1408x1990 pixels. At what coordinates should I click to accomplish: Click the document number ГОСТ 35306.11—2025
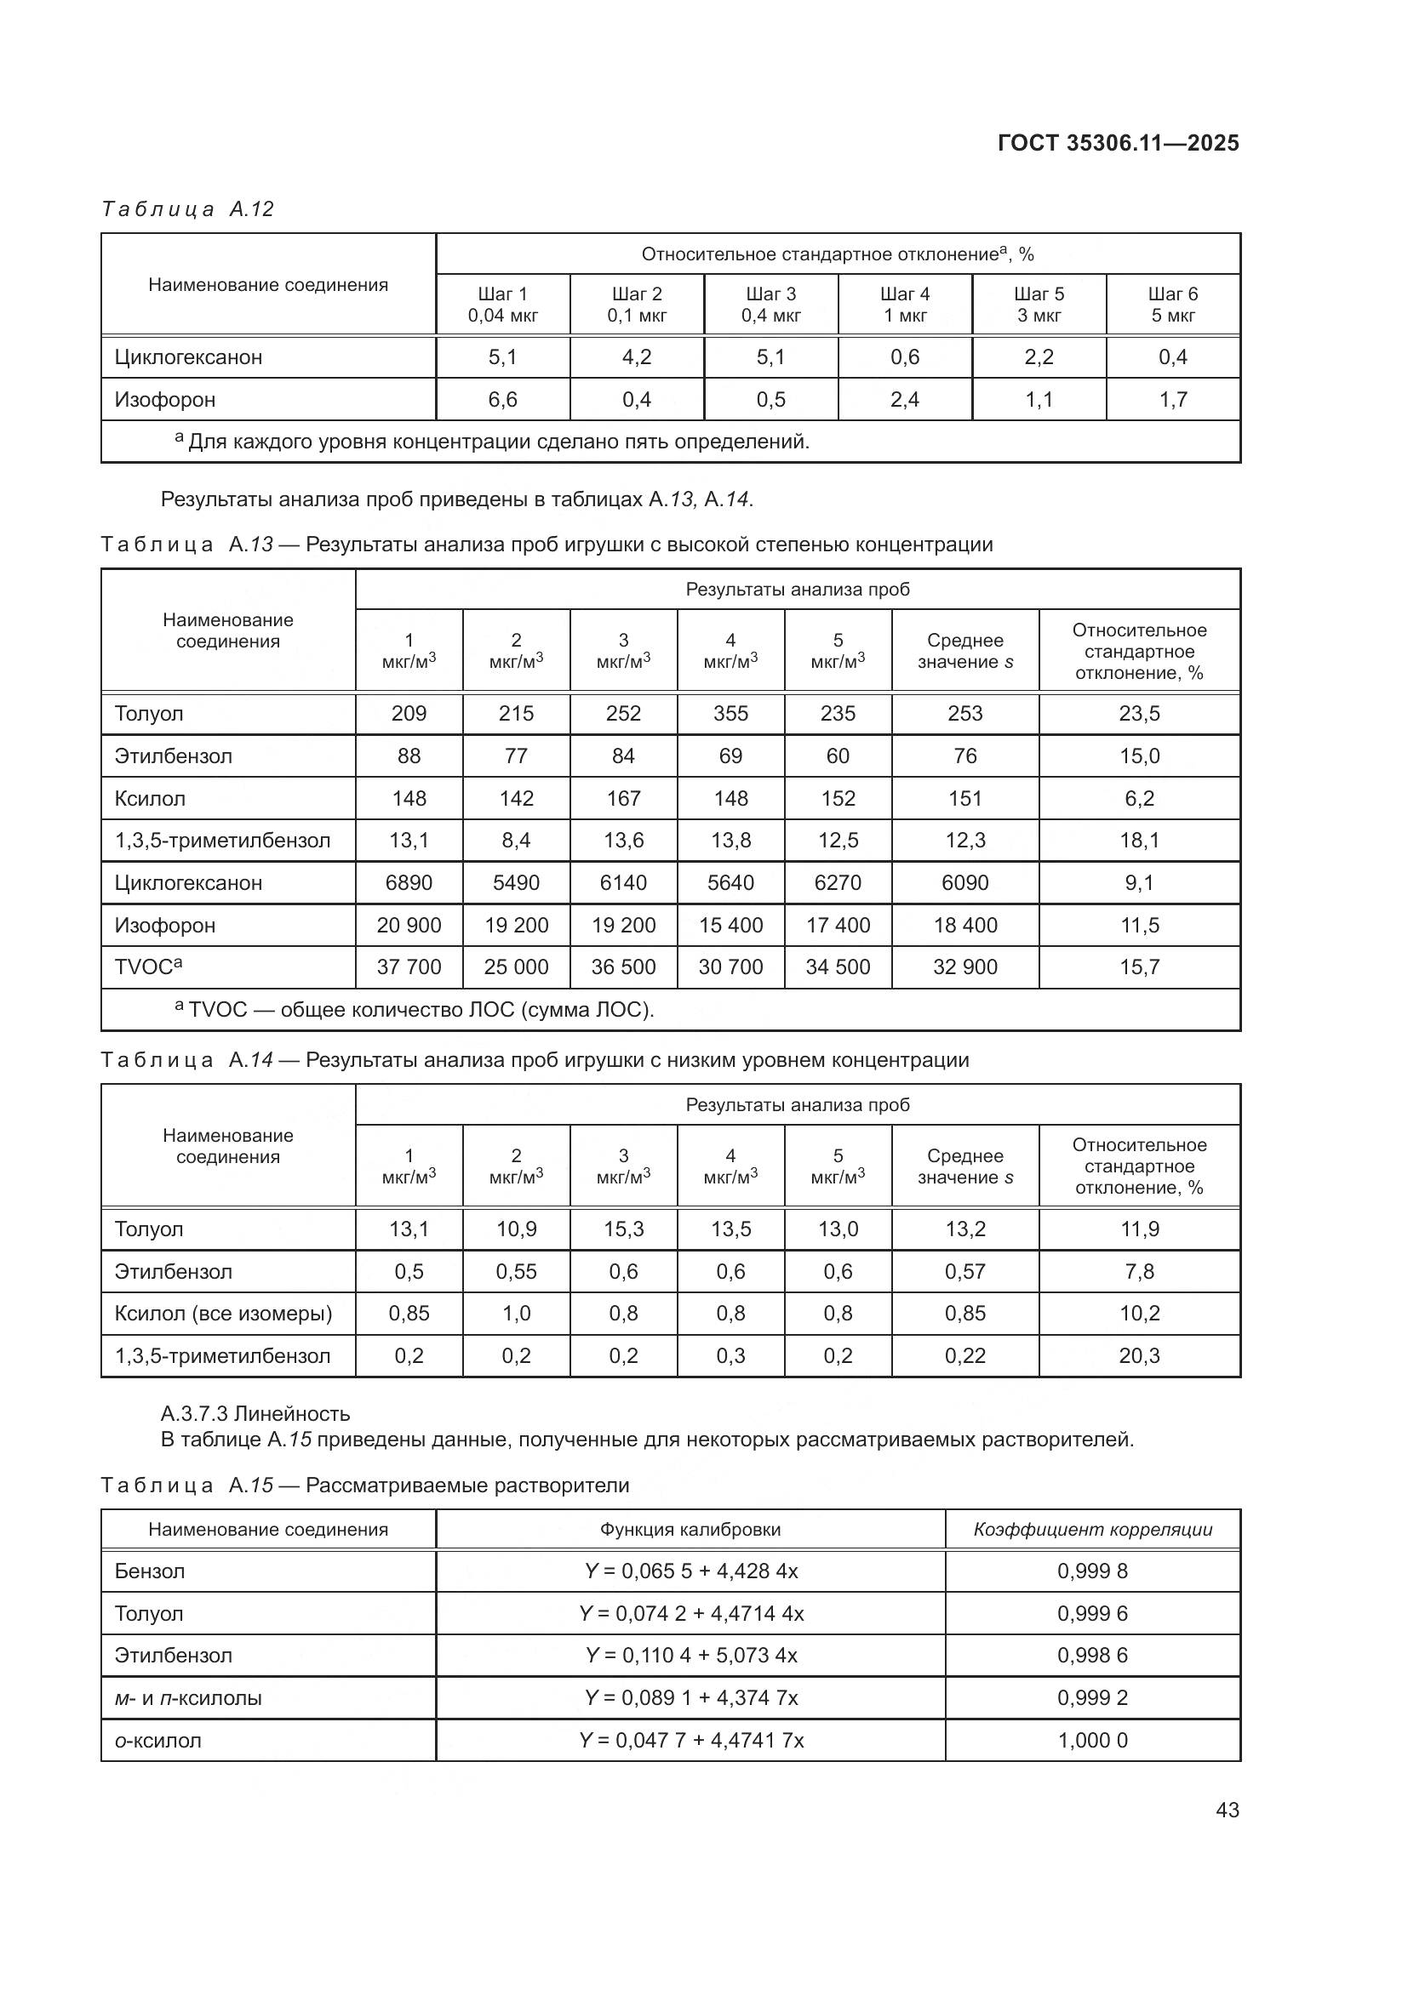coord(1118,143)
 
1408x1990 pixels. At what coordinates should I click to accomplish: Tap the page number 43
coord(1227,1810)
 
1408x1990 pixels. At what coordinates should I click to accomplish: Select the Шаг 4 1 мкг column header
coord(904,305)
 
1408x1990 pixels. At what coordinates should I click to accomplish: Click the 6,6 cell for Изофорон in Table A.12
coord(503,400)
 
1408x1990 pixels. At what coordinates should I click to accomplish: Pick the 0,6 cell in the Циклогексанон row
coord(904,357)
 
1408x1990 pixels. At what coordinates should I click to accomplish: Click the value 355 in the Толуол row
coord(730,713)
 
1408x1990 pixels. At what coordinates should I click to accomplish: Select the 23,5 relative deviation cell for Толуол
coord(1138,713)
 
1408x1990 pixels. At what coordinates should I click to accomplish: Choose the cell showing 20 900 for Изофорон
coord(409,925)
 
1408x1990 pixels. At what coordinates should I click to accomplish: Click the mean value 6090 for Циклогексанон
coord(964,882)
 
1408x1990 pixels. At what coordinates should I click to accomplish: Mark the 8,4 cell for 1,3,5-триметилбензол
coord(516,840)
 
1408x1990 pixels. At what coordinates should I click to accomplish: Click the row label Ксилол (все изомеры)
coord(223,1313)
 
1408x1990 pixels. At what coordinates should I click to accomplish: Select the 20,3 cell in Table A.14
coord(1138,1355)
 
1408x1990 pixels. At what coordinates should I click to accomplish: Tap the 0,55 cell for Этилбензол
coord(516,1271)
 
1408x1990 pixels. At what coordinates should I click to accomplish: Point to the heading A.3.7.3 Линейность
coord(255,1414)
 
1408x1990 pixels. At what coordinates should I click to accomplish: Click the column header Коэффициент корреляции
coord(1092,1530)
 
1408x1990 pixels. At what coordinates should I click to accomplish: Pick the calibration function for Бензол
coord(690,1571)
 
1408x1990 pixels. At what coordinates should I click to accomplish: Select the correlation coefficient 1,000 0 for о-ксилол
coord(1092,1741)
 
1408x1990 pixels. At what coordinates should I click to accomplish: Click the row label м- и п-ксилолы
coord(188,1698)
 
